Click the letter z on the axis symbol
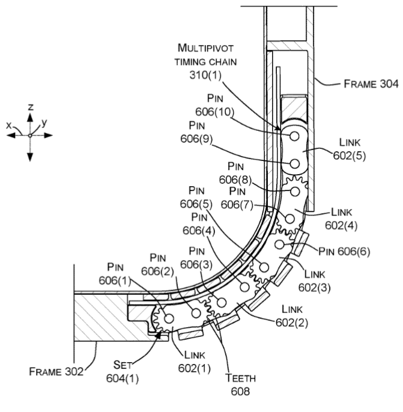(30, 106)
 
